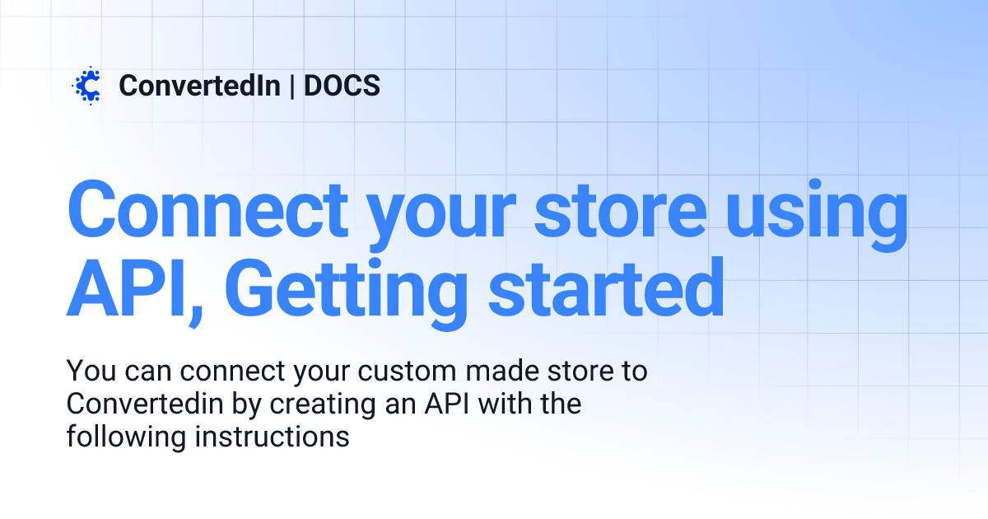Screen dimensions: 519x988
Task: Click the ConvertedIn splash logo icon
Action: pyautogui.click(x=86, y=85)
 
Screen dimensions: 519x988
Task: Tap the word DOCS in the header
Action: pyautogui.click(x=342, y=85)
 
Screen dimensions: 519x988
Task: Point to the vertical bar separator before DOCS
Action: pyautogui.click(x=292, y=85)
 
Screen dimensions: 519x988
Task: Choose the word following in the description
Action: pyautogui.click(x=126, y=437)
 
